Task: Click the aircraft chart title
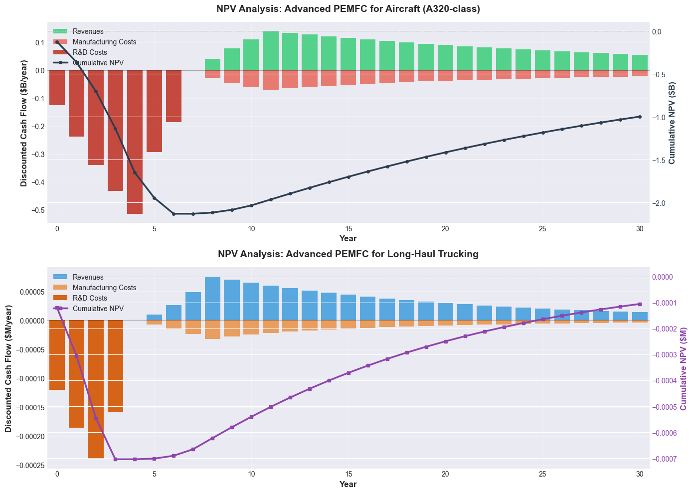(x=348, y=9)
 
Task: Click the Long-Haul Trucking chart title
(x=348, y=254)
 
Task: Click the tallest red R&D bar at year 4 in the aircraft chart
(x=135, y=142)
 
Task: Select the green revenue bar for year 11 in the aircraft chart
(x=271, y=51)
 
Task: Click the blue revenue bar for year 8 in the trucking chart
(x=212, y=299)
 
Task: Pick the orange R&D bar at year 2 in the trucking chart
(x=96, y=389)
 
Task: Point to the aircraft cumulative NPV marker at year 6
(x=173, y=214)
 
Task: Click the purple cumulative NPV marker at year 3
(x=115, y=459)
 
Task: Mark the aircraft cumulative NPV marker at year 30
(x=640, y=117)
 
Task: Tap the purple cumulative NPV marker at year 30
(x=640, y=304)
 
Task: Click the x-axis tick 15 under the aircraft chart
(x=348, y=229)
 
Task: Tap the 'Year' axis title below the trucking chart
(x=348, y=484)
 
